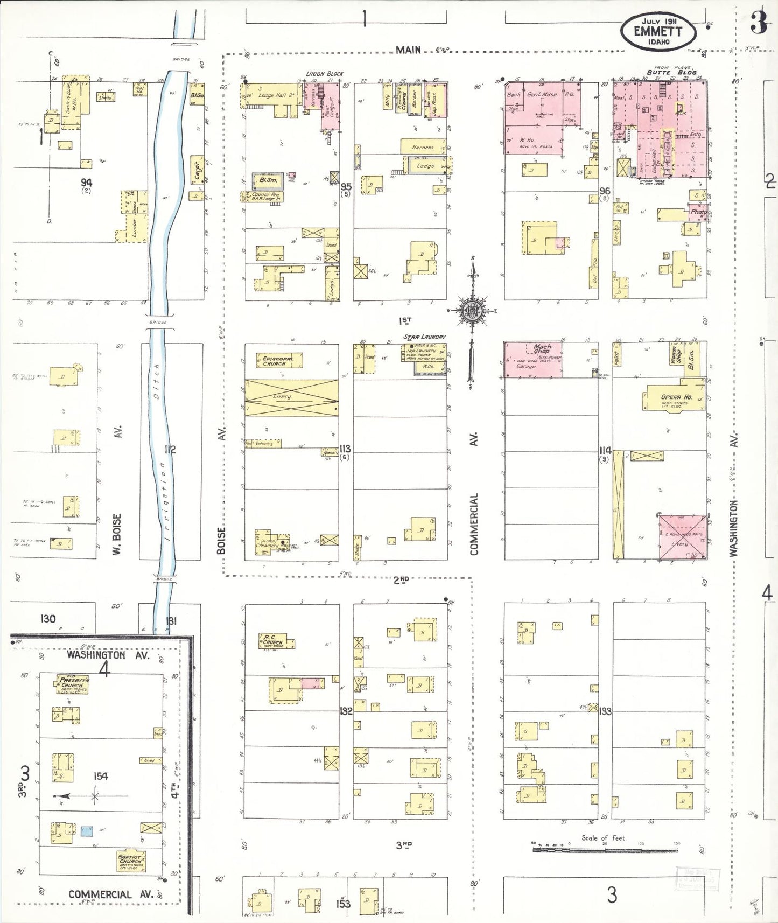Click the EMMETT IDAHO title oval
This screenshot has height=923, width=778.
[658, 31]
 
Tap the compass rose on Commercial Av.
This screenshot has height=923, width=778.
[472, 311]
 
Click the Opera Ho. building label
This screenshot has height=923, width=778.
[676, 397]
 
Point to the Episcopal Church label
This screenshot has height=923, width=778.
[278, 361]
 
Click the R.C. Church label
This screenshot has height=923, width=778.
[272, 640]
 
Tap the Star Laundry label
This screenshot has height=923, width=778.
[425, 337]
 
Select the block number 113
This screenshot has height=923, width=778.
[345, 449]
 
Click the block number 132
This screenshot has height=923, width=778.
[346, 711]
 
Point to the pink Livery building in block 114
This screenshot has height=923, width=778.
[683, 536]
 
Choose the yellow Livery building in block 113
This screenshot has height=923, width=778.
[291, 397]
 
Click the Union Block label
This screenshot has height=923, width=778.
[325, 74]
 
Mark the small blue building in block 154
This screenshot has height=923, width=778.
[86, 830]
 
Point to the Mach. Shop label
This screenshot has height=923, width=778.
[543, 348]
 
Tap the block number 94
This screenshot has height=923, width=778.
[86, 183]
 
